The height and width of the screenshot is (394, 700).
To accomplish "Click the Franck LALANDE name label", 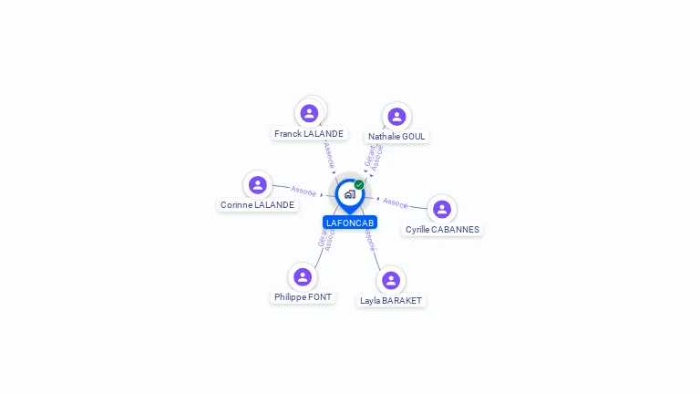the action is pyautogui.click(x=309, y=134).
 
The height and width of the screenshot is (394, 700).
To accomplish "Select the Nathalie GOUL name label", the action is pyautogui.click(x=396, y=137).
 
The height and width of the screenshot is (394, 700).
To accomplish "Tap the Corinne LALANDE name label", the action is pyautogui.click(x=257, y=205).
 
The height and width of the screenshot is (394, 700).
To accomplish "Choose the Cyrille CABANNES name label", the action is pyautogui.click(x=442, y=230).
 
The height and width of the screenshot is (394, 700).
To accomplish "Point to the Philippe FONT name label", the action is pyautogui.click(x=303, y=297).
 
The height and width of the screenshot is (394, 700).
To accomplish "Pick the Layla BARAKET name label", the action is pyautogui.click(x=391, y=300).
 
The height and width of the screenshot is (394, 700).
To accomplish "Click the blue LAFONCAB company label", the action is pyautogui.click(x=350, y=223).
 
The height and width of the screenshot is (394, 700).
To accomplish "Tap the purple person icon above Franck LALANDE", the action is pyautogui.click(x=309, y=113).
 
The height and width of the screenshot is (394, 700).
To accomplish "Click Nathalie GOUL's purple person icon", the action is pyautogui.click(x=396, y=117).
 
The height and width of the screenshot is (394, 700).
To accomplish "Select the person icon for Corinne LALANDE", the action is pyautogui.click(x=258, y=185).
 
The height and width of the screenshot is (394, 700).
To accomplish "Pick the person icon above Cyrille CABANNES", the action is pyautogui.click(x=442, y=210).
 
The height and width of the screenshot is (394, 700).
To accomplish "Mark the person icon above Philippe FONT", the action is pyautogui.click(x=303, y=276).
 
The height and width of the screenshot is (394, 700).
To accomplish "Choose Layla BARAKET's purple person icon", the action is pyautogui.click(x=391, y=280).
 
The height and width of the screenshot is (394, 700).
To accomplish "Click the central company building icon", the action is pyautogui.click(x=349, y=194).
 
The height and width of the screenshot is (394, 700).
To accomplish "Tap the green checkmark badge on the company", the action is pyautogui.click(x=359, y=185).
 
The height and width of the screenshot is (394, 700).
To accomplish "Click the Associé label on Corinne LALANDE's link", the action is pyautogui.click(x=304, y=192).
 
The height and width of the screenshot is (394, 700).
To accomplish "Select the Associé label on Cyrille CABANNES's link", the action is pyautogui.click(x=396, y=202).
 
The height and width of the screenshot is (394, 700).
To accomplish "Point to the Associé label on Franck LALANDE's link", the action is pyautogui.click(x=328, y=152).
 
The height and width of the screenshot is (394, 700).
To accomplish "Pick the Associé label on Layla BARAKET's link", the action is pyautogui.click(x=369, y=240).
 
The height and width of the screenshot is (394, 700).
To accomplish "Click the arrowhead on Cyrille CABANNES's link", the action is pyautogui.click(x=378, y=198).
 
